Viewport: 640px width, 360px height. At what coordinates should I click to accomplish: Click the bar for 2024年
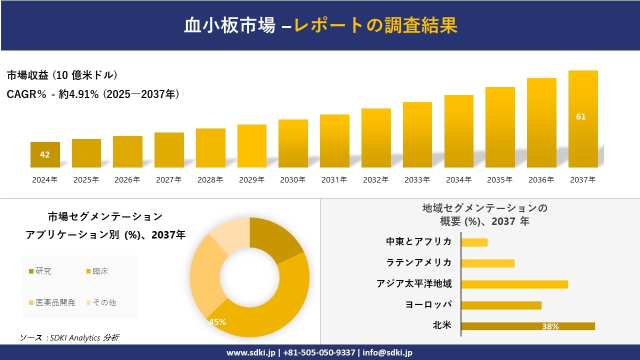[45, 154]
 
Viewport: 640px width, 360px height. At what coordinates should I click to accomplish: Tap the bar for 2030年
[293, 143]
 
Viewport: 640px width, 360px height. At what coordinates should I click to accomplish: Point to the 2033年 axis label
[417, 180]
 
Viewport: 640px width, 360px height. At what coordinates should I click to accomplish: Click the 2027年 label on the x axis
[168, 180]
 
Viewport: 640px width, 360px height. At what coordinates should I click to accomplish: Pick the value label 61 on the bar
[580, 116]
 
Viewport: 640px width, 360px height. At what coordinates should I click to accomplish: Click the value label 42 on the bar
[45, 154]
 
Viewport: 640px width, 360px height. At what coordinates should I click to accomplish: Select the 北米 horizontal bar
[527, 326]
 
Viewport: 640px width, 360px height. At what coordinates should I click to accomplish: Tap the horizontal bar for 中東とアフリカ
[474, 242]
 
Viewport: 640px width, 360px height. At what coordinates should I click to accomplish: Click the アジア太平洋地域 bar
[514, 284]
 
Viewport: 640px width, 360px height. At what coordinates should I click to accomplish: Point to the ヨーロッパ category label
[428, 305]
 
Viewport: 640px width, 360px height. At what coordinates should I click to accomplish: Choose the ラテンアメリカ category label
[419, 263]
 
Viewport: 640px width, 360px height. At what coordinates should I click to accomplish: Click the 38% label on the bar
[550, 326]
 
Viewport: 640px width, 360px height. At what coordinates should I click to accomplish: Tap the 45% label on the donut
[217, 322]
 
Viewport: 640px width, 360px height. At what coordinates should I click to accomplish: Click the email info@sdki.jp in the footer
[387, 352]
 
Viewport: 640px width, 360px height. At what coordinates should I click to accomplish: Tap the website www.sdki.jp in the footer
[251, 352]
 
